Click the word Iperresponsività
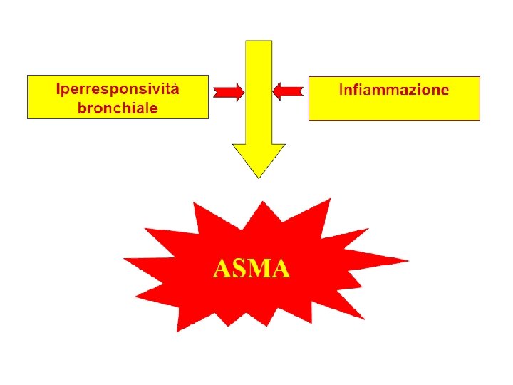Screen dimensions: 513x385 click(x=118, y=90)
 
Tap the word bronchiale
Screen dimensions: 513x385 click(x=118, y=108)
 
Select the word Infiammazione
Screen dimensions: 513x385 click(x=393, y=90)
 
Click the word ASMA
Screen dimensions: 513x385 click(x=252, y=269)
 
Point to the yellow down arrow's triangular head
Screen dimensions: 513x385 click(x=258, y=160)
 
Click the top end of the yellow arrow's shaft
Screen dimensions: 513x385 click(x=258, y=44)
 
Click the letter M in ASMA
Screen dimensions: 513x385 click(x=261, y=269)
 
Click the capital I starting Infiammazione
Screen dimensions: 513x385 click(x=341, y=90)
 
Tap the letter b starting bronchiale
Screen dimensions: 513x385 click(x=82, y=108)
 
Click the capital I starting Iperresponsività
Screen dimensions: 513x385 click(x=59, y=90)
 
